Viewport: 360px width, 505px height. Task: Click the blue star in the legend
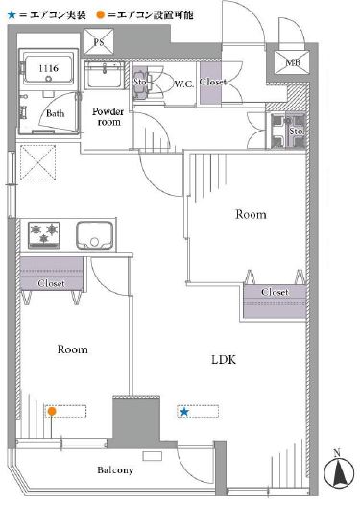(12, 14)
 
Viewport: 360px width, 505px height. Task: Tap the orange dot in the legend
(100, 14)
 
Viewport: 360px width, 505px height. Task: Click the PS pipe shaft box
(99, 41)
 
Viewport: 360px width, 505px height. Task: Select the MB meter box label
(293, 62)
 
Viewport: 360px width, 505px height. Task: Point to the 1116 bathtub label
(49, 68)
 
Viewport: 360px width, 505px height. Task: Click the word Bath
(55, 113)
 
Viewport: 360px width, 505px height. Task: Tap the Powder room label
(108, 116)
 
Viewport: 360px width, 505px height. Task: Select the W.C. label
(184, 84)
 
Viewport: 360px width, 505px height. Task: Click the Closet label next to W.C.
(212, 82)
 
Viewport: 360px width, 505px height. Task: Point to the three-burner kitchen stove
(44, 235)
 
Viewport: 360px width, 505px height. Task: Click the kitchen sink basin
(95, 235)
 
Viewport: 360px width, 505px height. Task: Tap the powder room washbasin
(105, 75)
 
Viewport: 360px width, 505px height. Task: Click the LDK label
(224, 359)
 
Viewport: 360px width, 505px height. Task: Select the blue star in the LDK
(184, 411)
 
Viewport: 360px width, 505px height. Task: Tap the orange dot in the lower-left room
(52, 411)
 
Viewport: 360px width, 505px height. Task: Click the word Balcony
(115, 470)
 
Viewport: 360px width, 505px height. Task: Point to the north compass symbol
(337, 471)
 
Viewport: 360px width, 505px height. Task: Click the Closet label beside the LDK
(275, 292)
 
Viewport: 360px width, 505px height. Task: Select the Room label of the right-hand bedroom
(251, 214)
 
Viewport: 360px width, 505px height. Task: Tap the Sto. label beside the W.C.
(140, 82)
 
